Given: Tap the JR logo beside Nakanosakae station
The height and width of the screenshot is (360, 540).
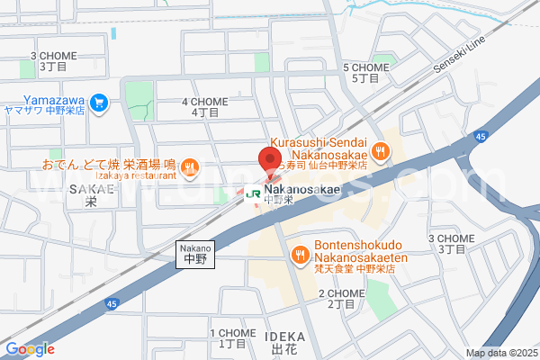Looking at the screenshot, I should pyautogui.click(x=253, y=193).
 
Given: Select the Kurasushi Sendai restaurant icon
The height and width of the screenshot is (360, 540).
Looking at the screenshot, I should pyautogui.click(x=381, y=152).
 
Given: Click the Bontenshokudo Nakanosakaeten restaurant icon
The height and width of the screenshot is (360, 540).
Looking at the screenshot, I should pyautogui.click(x=298, y=256).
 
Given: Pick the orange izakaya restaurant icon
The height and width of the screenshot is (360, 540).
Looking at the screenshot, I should pyautogui.click(x=189, y=166).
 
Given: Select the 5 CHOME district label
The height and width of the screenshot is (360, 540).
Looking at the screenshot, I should pyautogui.click(x=365, y=73).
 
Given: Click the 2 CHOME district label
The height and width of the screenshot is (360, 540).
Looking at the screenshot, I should pyautogui.click(x=342, y=299).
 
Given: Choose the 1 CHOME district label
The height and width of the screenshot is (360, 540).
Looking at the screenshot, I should pyautogui.click(x=232, y=338).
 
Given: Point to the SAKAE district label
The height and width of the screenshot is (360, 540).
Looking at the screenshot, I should pyautogui.click(x=87, y=195).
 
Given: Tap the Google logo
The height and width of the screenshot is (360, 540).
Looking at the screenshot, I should pyautogui.click(x=30, y=349).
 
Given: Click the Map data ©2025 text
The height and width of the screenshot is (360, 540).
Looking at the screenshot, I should pyautogui.click(x=499, y=353).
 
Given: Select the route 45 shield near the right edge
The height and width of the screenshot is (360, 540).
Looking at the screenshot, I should pyautogui.click(x=482, y=136).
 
